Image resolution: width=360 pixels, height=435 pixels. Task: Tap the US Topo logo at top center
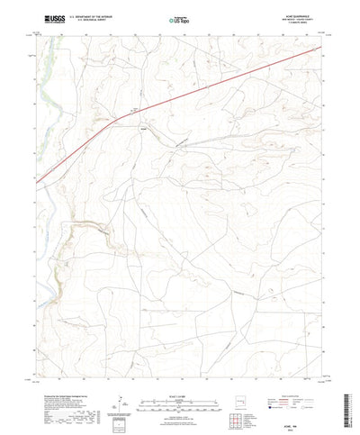(x=178, y=18)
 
